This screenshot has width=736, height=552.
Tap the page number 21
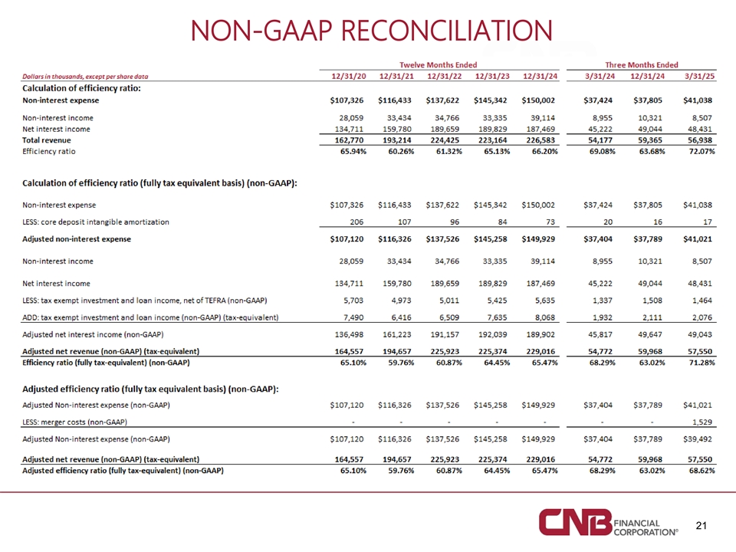click(699, 525)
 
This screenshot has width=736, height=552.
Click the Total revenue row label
click(47, 141)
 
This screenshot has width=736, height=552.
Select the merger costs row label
click(75, 422)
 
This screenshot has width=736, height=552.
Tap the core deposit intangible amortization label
click(96, 222)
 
